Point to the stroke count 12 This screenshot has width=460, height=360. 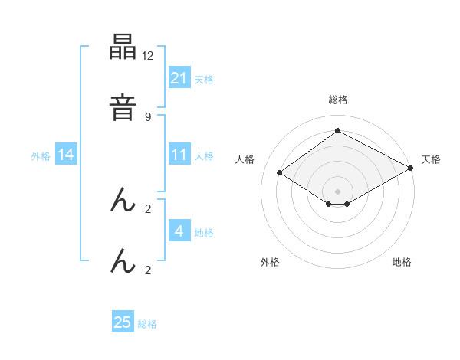tap(148, 57)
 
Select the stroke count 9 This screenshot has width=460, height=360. tap(148, 116)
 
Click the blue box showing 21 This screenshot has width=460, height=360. tap(179, 78)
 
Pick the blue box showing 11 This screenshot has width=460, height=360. tap(179, 155)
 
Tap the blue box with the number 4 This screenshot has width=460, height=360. tap(179, 231)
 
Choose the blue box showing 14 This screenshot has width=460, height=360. tap(66, 155)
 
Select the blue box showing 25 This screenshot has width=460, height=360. tap(123, 322)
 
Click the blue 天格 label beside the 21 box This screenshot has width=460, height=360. tap(204, 79)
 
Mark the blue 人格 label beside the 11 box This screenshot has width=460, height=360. tap(204, 155)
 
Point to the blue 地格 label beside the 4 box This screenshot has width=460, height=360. tap(204, 232)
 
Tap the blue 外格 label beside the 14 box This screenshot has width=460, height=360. tap(41, 155)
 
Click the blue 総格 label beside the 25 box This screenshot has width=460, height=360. tap(147, 323)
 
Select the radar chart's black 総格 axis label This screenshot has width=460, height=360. tap(337, 100)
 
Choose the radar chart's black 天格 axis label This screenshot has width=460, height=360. tap(431, 159)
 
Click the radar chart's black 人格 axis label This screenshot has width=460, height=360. tap(245, 159)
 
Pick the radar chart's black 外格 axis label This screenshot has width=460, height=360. tap(271, 262)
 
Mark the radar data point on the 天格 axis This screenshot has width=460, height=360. tap(411, 168)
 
